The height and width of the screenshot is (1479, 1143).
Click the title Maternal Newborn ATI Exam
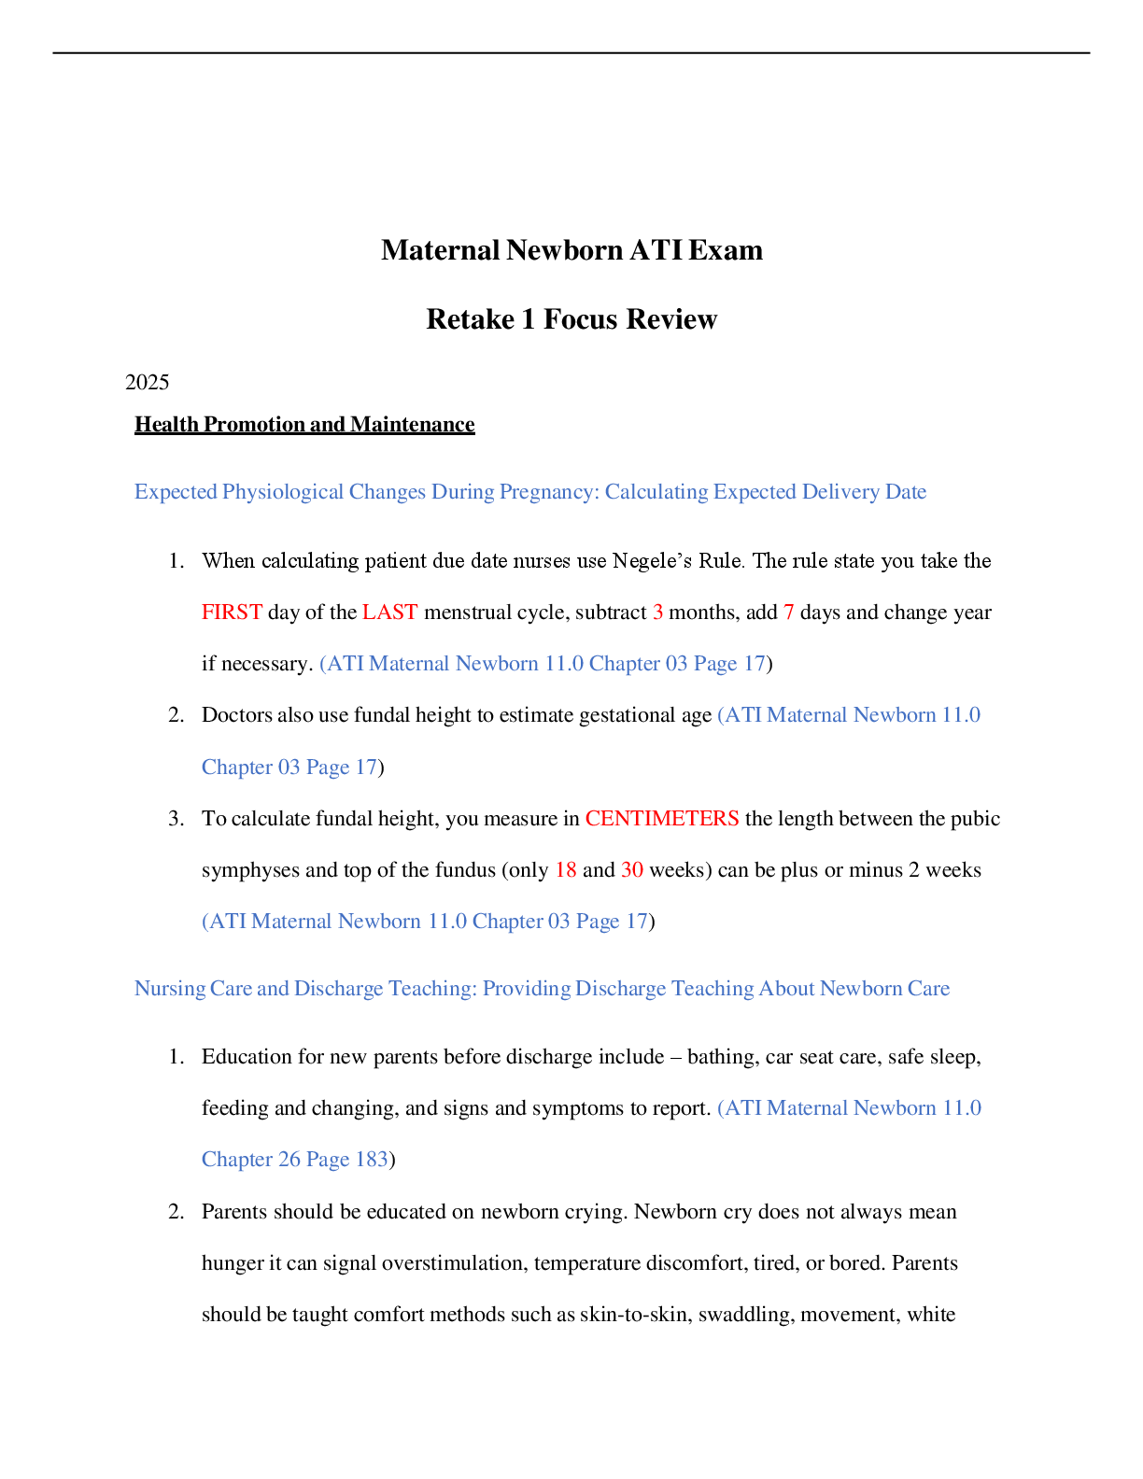tap(571, 250)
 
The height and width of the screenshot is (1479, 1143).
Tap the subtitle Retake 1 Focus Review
tap(571, 318)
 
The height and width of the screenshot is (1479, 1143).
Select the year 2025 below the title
tap(147, 382)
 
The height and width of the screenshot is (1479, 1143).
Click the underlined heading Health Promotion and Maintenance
tap(304, 424)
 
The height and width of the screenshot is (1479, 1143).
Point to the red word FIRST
tap(232, 612)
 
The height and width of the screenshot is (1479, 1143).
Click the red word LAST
tap(389, 612)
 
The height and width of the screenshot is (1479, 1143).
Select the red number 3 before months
tap(657, 612)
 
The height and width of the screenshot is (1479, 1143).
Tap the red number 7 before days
tap(788, 612)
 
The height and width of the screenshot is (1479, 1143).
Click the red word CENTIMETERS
tap(662, 818)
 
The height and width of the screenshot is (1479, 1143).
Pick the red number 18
tap(566, 870)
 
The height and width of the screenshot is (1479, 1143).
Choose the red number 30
tap(632, 870)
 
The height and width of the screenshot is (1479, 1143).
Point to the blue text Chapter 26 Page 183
tap(295, 1159)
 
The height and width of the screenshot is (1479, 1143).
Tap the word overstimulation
tap(455, 1262)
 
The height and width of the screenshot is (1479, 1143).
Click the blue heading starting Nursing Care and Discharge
tap(542, 988)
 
